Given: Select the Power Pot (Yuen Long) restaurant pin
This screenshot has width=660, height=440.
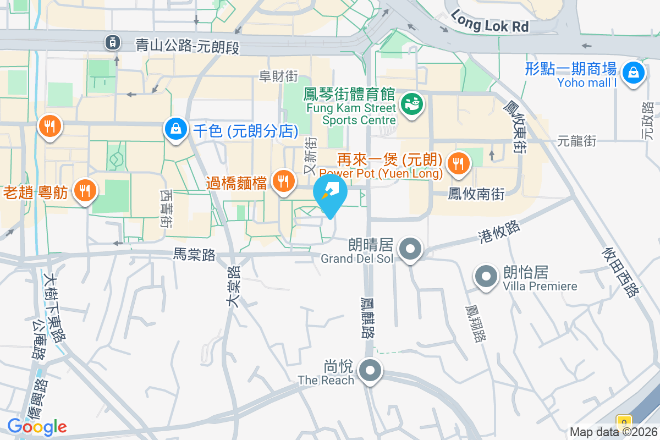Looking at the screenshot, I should (x=458, y=163).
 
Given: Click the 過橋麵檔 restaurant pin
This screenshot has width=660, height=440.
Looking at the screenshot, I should (x=283, y=181).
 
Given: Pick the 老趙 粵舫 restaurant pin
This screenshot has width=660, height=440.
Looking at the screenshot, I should (x=84, y=191).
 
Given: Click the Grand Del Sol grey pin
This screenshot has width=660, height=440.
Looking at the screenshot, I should (x=410, y=249).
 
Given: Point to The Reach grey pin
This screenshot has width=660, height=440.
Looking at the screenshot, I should (x=370, y=371).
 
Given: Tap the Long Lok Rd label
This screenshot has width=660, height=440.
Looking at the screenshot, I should (x=489, y=20).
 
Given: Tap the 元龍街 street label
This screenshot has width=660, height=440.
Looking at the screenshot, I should (x=576, y=141).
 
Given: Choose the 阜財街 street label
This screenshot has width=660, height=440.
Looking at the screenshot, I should (x=278, y=76).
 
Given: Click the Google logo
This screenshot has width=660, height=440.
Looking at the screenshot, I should (x=37, y=426).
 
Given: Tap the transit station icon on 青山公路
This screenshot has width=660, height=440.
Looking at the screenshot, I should (x=113, y=41).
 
